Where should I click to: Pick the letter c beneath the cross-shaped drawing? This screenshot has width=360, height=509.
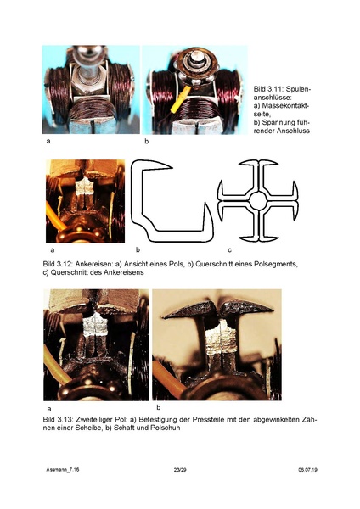[x=229, y=250]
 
